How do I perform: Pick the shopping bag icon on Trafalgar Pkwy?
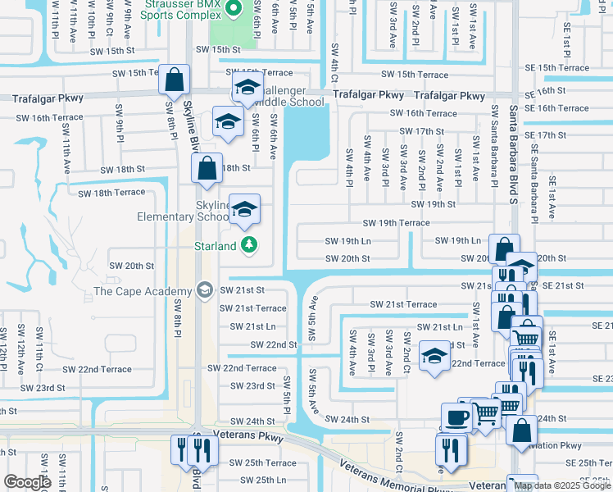pos(174,80)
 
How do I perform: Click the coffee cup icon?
pos(456,416)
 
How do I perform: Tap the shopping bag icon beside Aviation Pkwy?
pos(520,430)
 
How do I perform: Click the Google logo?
pos(27,482)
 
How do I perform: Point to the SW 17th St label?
pos(421,131)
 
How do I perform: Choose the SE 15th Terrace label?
pos(556,68)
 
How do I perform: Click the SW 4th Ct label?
pos(334,62)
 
